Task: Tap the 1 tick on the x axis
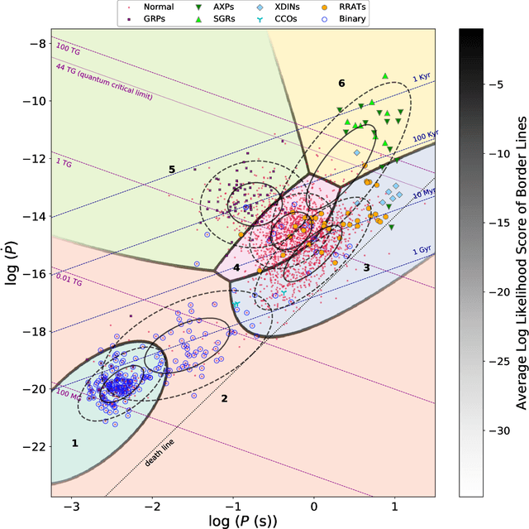[x=394, y=508]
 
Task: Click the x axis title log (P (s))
[x=244, y=521]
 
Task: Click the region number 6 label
[x=341, y=84]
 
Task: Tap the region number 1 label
[x=74, y=444]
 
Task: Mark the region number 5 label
[x=171, y=170]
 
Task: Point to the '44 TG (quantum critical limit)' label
[x=104, y=82]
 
